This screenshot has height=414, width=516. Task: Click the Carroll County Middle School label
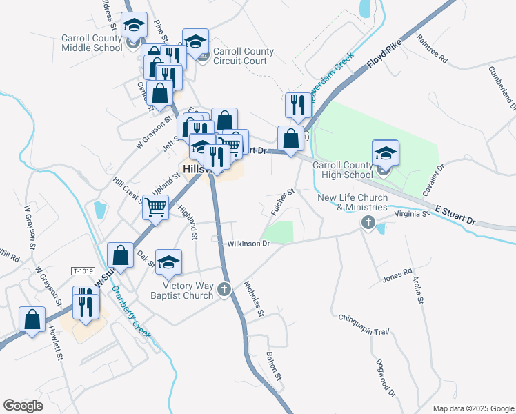point(92,43)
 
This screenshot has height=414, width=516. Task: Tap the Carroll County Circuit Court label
point(244,56)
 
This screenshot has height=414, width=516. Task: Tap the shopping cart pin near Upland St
point(157,206)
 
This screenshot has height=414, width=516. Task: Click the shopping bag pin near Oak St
point(121,255)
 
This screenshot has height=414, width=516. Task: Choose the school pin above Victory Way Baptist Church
point(168,262)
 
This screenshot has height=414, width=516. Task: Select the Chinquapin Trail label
point(364,324)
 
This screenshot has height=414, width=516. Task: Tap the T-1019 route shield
point(82,271)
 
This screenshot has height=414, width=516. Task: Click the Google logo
point(23,406)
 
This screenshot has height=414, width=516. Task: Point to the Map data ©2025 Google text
point(473,408)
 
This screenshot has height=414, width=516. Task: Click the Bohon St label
point(274,366)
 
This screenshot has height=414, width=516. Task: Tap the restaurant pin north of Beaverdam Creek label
point(298,105)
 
